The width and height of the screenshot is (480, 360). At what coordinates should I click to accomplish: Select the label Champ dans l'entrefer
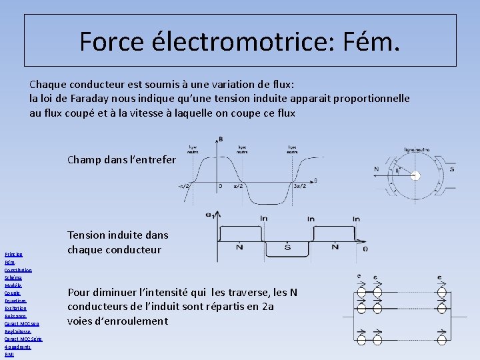pyautogui.click(x=122, y=159)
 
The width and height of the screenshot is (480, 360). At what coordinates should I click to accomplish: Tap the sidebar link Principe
pyautogui.click(x=13, y=254)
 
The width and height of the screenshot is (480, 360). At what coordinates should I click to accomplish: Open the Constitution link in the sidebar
pyautogui.click(x=18, y=270)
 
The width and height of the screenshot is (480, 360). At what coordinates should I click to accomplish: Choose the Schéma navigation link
pyautogui.click(x=13, y=277)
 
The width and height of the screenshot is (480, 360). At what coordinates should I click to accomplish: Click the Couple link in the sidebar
pyautogui.click(x=13, y=293)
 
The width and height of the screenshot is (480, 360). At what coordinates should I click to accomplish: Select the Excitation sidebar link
pyautogui.click(x=15, y=308)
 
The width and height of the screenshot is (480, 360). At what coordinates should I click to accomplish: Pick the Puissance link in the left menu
pyautogui.click(x=16, y=316)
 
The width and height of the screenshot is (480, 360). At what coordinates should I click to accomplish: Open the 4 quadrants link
pyautogui.click(x=17, y=347)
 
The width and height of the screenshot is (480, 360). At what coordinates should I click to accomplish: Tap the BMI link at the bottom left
pyautogui.click(x=9, y=355)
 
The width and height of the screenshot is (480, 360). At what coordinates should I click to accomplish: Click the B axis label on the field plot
pyautogui.click(x=221, y=139)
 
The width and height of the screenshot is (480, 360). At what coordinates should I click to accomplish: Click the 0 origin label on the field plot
pyautogui.click(x=221, y=185)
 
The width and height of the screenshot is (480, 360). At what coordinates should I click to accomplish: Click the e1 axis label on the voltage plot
pyautogui.click(x=209, y=215)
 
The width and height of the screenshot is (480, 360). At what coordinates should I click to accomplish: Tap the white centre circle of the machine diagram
pyautogui.click(x=415, y=176)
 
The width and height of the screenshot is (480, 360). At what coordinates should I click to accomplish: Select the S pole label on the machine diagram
pyautogui.click(x=451, y=169)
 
